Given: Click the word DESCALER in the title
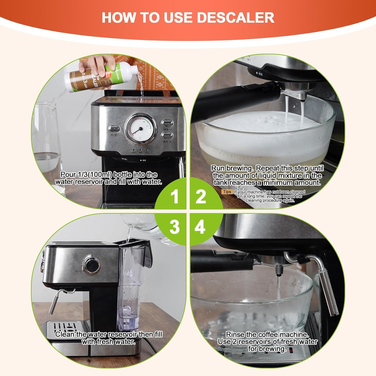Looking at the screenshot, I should [x=235, y=17].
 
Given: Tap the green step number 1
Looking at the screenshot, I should [x=175, y=196].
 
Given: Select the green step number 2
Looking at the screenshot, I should [x=201, y=196].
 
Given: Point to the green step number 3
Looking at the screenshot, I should [x=174, y=227].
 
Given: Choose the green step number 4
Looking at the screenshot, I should [x=200, y=227].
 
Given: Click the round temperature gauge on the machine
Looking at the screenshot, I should [x=141, y=129].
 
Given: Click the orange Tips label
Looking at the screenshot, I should [x=227, y=192].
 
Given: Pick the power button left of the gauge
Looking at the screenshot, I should [x=114, y=128].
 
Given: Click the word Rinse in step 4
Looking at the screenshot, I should [x=235, y=334].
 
